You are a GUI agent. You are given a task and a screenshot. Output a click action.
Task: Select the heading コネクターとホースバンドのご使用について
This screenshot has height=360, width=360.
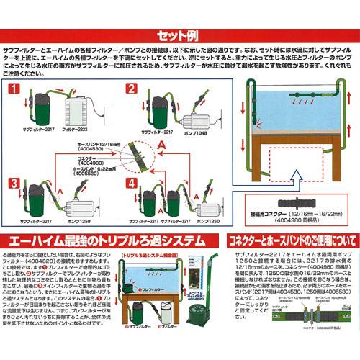pos(290,238)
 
